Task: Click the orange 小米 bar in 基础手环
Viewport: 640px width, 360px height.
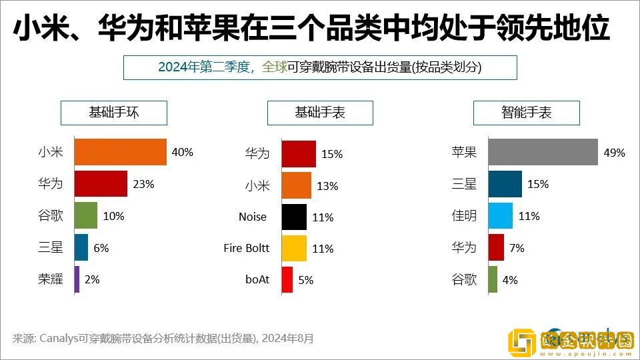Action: pos(120,152)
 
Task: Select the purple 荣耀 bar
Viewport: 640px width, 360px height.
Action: pos(77,279)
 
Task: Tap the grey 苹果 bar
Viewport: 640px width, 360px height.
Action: pos(542,152)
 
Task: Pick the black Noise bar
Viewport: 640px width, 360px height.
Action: pos(294,217)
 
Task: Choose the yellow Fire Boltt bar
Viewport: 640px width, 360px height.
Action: pos(294,248)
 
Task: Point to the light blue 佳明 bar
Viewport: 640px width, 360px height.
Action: pos(500,216)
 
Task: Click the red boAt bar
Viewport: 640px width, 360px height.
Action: pos(287,279)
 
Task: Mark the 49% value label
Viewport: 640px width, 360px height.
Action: pos(614,153)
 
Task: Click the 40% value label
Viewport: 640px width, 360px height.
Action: pos(182,152)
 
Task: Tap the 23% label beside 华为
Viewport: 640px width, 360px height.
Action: pos(143,184)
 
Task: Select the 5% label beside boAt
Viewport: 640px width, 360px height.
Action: pos(306,280)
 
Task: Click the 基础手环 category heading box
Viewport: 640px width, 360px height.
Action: pos(114,113)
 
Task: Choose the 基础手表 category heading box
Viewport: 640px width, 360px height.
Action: pos(320,113)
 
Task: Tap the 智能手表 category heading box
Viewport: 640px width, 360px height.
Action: pos(526,113)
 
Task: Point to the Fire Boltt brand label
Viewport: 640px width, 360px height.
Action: pos(247,248)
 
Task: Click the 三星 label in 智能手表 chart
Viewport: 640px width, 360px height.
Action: pos(464,184)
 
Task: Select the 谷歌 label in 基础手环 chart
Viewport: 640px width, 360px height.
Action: pos(51,216)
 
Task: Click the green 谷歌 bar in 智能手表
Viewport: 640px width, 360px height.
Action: pos(493,279)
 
